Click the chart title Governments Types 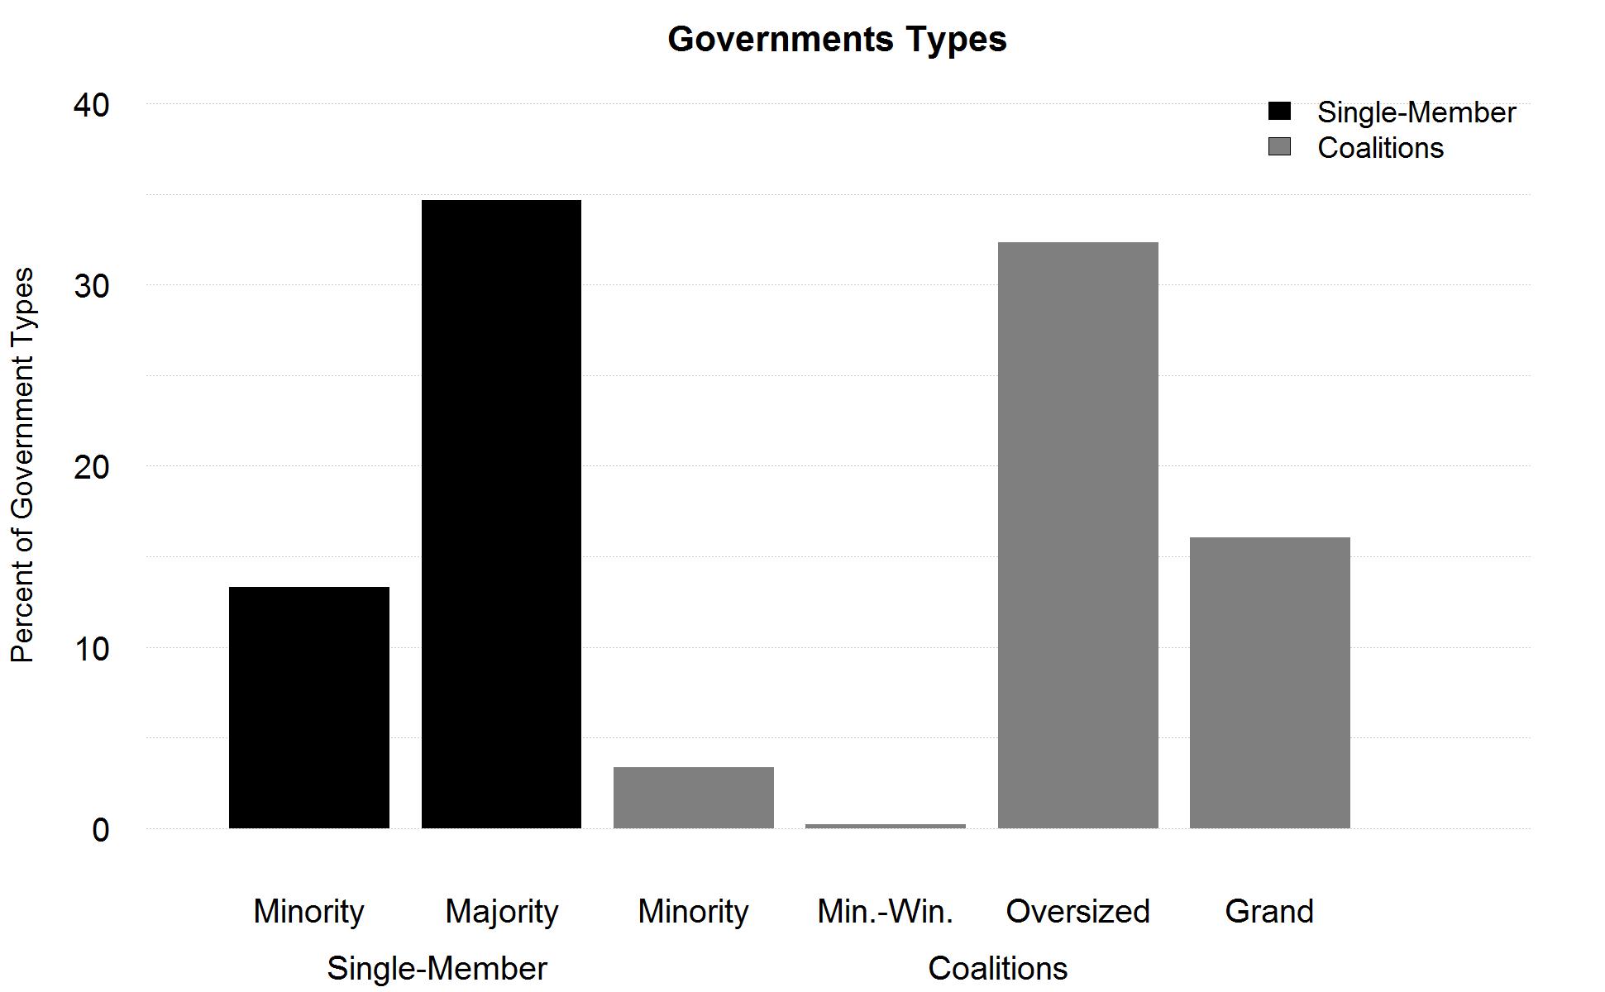pyautogui.click(x=837, y=39)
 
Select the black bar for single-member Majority pyautogui.click(x=501, y=513)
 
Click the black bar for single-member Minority pyautogui.click(x=308, y=707)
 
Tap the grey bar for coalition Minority pyautogui.click(x=693, y=797)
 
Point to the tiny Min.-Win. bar pyautogui.click(x=885, y=825)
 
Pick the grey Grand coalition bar pyautogui.click(x=1269, y=682)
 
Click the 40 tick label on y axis pyautogui.click(x=91, y=105)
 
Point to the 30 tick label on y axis pyautogui.click(x=91, y=286)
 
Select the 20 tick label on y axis pyautogui.click(x=91, y=467)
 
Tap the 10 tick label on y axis pyautogui.click(x=91, y=648)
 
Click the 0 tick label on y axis pyautogui.click(x=100, y=829)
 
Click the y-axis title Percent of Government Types pyautogui.click(x=22, y=465)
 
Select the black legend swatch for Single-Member pyautogui.click(x=1279, y=112)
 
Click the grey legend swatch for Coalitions pyautogui.click(x=1279, y=147)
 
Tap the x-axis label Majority pyautogui.click(x=501, y=911)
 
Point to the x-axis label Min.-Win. pyautogui.click(x=885, y=911)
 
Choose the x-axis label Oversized pyautogui.click(x=1077, y=911)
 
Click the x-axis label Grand pyautogui.click(x=1269, y=911)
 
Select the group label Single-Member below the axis pyautogui.click(x=437, y=968)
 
